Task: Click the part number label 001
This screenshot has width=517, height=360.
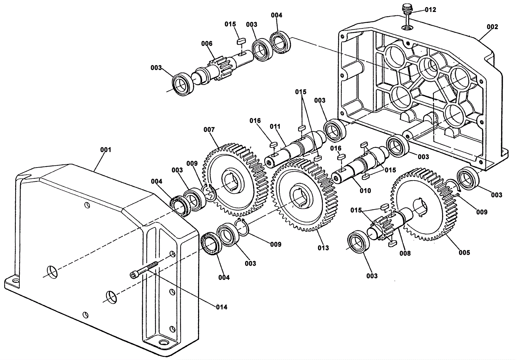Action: (x=105, y=150)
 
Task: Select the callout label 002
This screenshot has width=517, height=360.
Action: (x=492, y=27)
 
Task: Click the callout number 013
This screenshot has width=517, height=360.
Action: (x=323, y=248)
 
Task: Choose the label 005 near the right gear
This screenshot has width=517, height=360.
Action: (x=464, y=252)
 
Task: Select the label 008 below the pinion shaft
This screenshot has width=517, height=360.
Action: (x=405, y=253)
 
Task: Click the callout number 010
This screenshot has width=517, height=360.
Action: (x=365, y=191)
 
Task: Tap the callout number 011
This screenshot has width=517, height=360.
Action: (x=275, y=126)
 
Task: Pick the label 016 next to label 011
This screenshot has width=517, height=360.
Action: (x=255, y=121)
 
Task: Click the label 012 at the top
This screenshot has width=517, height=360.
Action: (x=430, y=10)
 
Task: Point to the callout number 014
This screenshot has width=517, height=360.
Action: (x=222, y=307)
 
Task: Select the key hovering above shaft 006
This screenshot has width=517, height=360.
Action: (x=241, y=42)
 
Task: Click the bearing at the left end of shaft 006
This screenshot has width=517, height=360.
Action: (x=184, y=84)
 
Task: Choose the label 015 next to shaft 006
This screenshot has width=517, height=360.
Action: (x=230, y=24)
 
